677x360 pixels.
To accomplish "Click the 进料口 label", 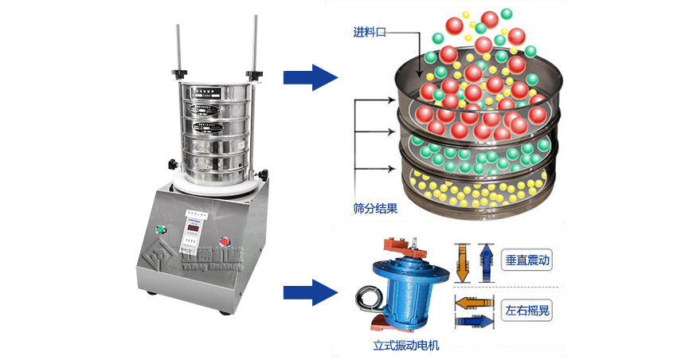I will [x=368, y=33].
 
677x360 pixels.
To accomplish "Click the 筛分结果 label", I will [x=375, y=209].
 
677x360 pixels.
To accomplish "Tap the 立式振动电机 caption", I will [x=406, y=346].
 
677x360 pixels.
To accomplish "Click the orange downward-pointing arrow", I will [x=463, y=263].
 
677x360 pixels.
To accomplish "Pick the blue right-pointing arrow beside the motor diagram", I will [x=473, y=320].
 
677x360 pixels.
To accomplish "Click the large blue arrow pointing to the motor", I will [x=311, y=292].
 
